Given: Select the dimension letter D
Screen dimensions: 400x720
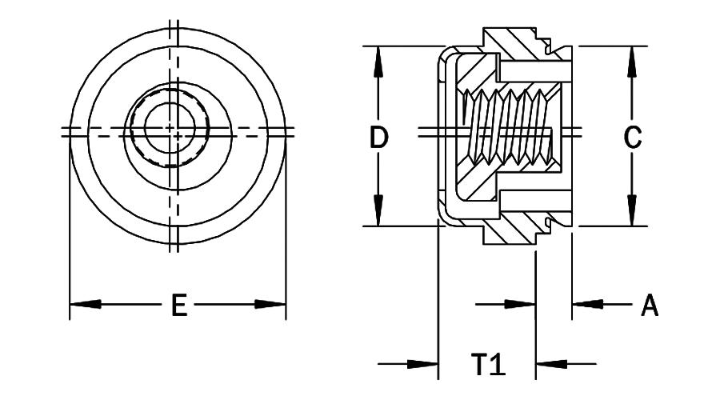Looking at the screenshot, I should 378,138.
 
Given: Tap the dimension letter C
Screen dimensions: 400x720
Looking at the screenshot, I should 632,138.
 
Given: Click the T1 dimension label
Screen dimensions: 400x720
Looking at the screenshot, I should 486,365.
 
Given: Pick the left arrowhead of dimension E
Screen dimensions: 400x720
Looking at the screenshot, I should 85,305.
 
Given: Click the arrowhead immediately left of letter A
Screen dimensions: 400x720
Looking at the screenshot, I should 587,305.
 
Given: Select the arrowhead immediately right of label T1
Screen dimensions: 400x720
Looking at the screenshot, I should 550,365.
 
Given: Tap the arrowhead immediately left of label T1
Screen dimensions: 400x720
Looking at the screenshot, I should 423,365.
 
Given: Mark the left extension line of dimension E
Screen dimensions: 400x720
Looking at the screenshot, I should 70,240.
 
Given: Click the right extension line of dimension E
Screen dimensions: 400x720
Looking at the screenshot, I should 286,240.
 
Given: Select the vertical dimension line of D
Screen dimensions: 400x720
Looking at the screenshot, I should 378,96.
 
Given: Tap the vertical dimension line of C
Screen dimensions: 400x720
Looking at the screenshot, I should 632,96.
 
